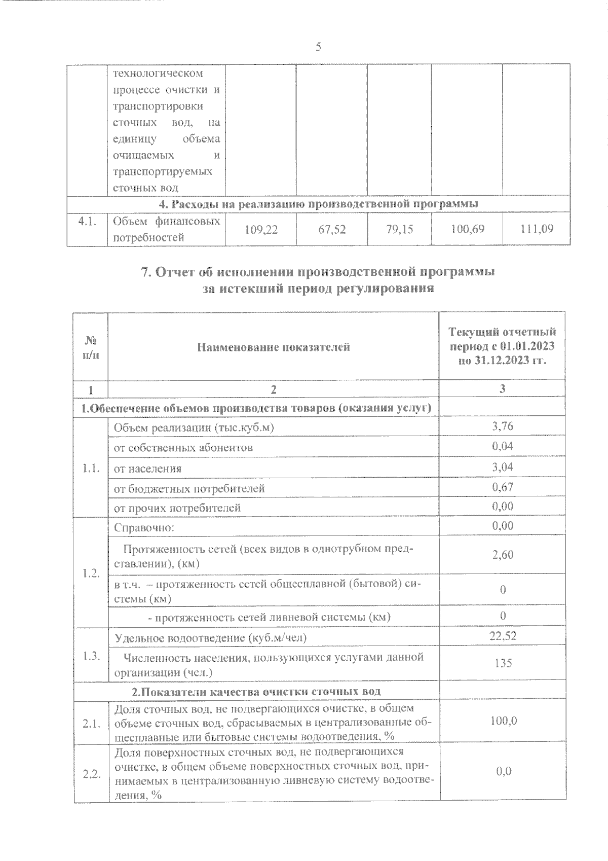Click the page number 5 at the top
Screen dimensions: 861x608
click(318, 47)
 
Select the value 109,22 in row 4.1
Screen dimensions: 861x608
click(260, 230)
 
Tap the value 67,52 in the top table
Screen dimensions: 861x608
click(332, 230)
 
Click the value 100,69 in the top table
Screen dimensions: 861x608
click(467, 230)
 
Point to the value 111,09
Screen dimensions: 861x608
click(537, 230)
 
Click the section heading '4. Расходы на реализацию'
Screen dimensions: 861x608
click(318, 204)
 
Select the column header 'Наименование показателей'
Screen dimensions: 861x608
click(274, 347)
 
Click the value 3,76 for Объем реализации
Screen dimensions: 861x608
click(502, 426)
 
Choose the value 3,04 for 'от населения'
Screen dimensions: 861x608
click(502, 467)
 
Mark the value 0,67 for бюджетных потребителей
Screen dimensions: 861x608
click(502, 487)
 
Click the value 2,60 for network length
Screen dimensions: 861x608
click(502, 555)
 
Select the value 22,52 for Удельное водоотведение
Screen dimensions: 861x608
click(502, 636)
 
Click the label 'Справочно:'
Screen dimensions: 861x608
click(144, 527)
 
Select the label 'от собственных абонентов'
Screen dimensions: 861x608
click(183, 448)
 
